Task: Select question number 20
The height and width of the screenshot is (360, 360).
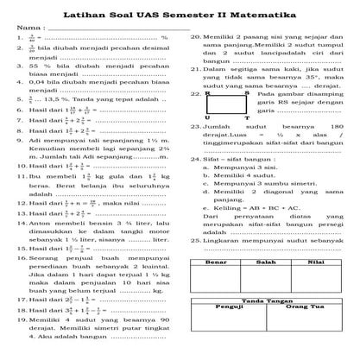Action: pyautogui.click(x=195, y=37)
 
